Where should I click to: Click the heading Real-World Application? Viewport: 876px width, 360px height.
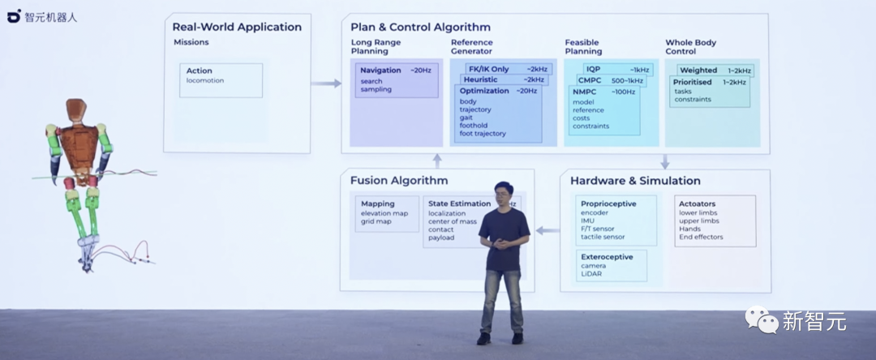pyautogui.click(x=237, y=27)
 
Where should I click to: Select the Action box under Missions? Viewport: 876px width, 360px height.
pyautogui.click(x=221, y=80)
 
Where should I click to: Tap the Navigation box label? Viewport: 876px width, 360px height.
pyautogui.click(x=380, y=71)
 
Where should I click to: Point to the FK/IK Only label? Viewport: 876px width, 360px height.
pyautogui.click(x=489, y=69)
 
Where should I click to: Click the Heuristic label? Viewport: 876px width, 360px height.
pyautogui.click(x=481, y=79)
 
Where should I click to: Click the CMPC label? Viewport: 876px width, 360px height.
pyautogui.click(x=590, y=80)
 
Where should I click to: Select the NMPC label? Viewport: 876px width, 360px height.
pyautogui.click(x=584, y=92)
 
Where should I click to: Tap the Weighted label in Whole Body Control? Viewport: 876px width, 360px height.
pyautogui.click(x=698, y=71)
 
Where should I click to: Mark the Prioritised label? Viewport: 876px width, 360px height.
pyautogui.click(x=693, y=82)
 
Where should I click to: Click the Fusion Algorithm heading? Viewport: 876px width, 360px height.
pyautogui.click(x=399, y=180)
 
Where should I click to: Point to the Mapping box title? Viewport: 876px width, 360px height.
pyautogui.click(x=378, y=204)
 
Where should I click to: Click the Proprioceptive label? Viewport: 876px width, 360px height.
pyautogui.click(x=608, y=204)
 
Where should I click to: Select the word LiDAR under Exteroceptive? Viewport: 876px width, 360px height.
pyautogui.click(x=591, y=274)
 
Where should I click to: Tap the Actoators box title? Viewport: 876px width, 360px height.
pyautogui.click(x=698, y=204)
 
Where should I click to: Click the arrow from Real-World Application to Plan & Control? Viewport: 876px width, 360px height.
pyautogui.click(x=326, y=83)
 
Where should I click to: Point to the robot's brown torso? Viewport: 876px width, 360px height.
pyautogui.click(x=81, y=146)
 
